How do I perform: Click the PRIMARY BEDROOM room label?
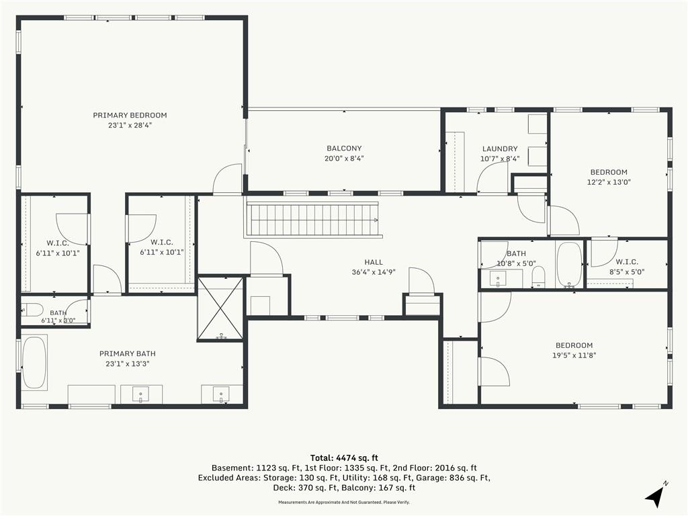click(x=130, y=116)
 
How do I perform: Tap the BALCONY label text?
click(x=344, y=148)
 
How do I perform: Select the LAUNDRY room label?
click(x=500, y=148)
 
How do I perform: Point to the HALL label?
click(x=374, y=262)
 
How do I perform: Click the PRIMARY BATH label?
click(x=127, y=353)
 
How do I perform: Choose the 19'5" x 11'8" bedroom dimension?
click(x=574, y=355)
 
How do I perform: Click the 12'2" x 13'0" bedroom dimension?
click(x=609, y=182)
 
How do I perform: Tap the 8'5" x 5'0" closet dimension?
click(x=627, y=272)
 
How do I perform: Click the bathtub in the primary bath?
click(x=34, y=363)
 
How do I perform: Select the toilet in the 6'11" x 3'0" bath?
click(x=32, y=310)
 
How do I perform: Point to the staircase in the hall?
click(x=312, y=218)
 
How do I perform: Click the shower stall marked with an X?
click(x=220, y=308)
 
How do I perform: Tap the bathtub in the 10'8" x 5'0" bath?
click(x=569, y=264)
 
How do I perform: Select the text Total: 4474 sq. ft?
click(x=344, y=458)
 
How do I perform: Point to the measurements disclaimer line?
click(x=344, y=503)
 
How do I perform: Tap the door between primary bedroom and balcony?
click(x=227, y=179)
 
